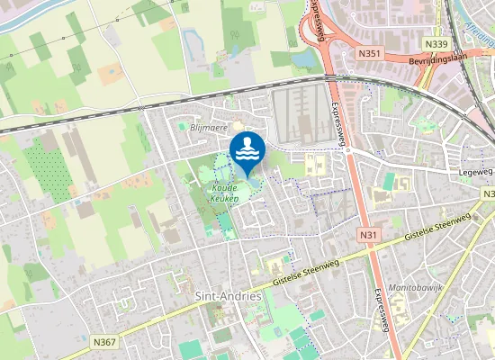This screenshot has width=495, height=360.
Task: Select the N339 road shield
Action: coord(436,43)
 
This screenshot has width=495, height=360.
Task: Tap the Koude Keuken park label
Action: coord(224,186)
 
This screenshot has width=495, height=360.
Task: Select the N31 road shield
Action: coord(366,235)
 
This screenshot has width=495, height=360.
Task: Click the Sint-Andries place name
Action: coord(228,295)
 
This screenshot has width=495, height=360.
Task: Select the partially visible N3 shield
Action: coord(489,194)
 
